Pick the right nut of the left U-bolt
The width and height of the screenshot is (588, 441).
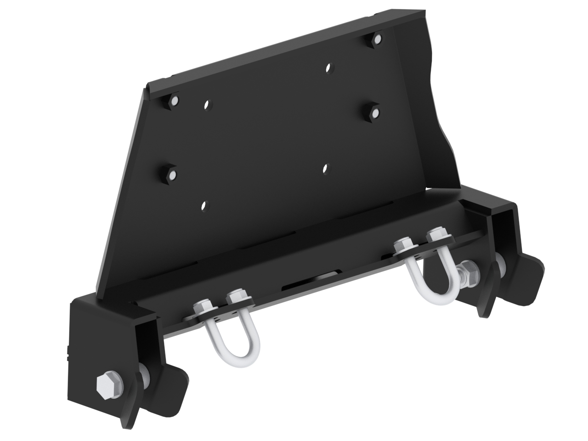238,296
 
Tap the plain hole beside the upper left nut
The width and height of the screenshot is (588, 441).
207,104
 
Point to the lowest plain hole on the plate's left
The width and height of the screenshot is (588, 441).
204,205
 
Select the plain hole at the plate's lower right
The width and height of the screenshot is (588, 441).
326,168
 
